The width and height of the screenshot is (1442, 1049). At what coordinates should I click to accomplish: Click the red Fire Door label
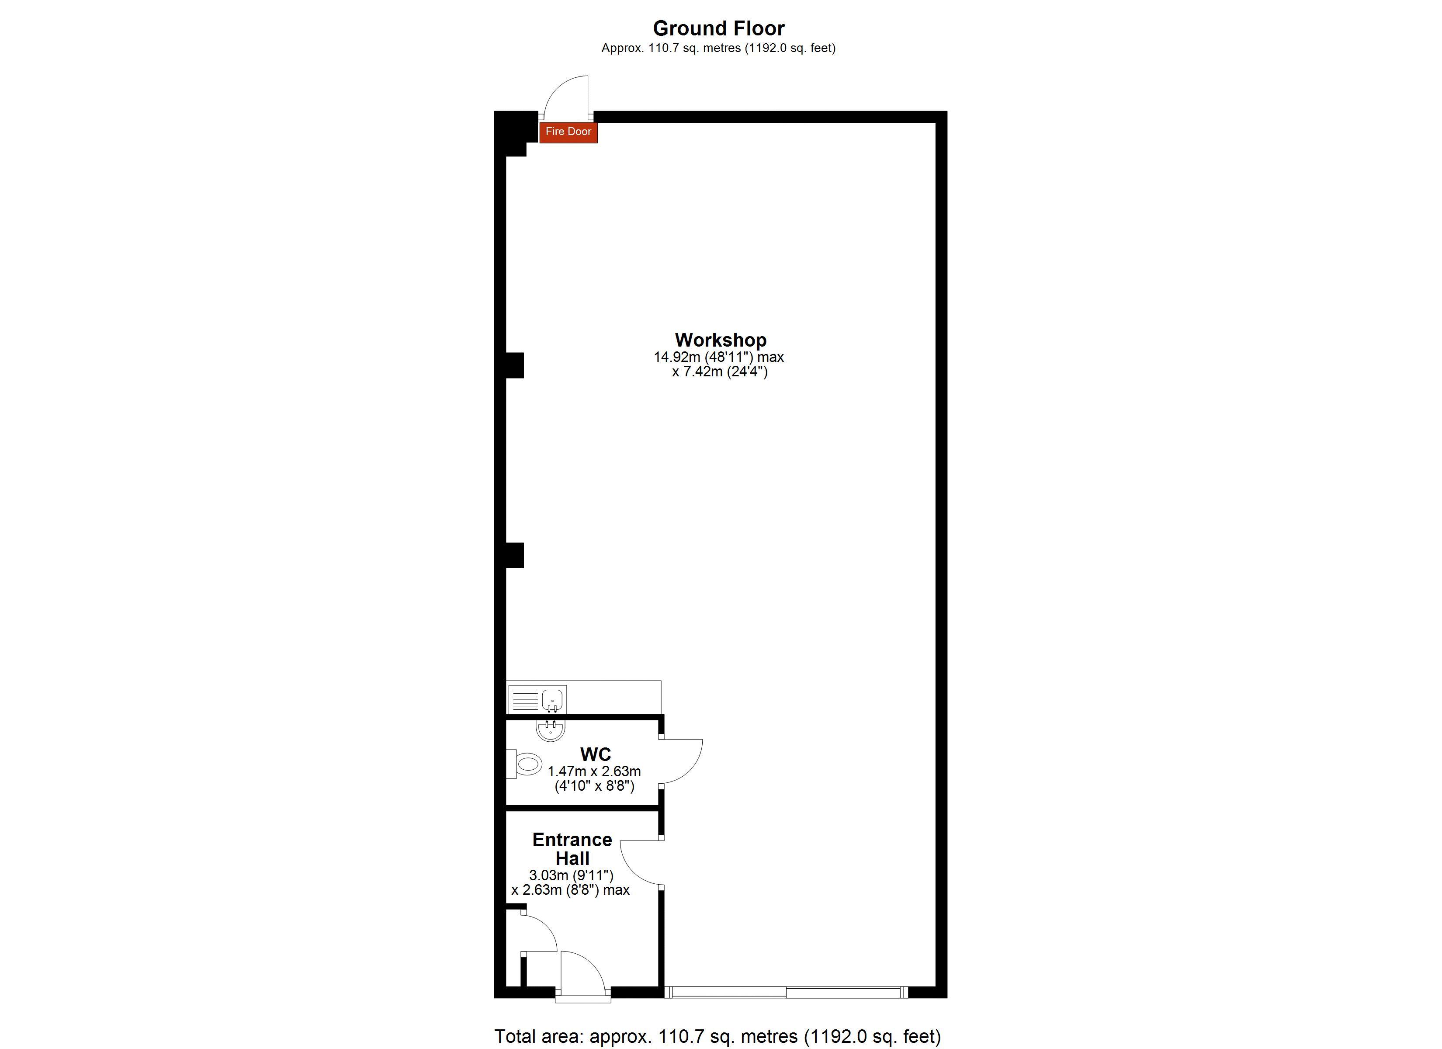point(568,132)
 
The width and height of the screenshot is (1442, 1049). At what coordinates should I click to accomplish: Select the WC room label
point(596,754)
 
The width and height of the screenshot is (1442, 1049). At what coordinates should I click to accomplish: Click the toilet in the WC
point(524,764)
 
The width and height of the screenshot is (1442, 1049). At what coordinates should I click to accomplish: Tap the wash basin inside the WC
point(551,730)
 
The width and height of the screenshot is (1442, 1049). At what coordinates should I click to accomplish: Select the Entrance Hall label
point(572,849)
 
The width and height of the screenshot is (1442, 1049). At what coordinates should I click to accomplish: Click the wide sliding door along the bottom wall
point(786,992)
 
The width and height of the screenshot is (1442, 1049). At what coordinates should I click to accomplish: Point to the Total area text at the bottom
point(717,1036)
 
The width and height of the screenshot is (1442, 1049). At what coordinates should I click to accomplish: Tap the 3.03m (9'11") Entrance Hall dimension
point(571,876)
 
